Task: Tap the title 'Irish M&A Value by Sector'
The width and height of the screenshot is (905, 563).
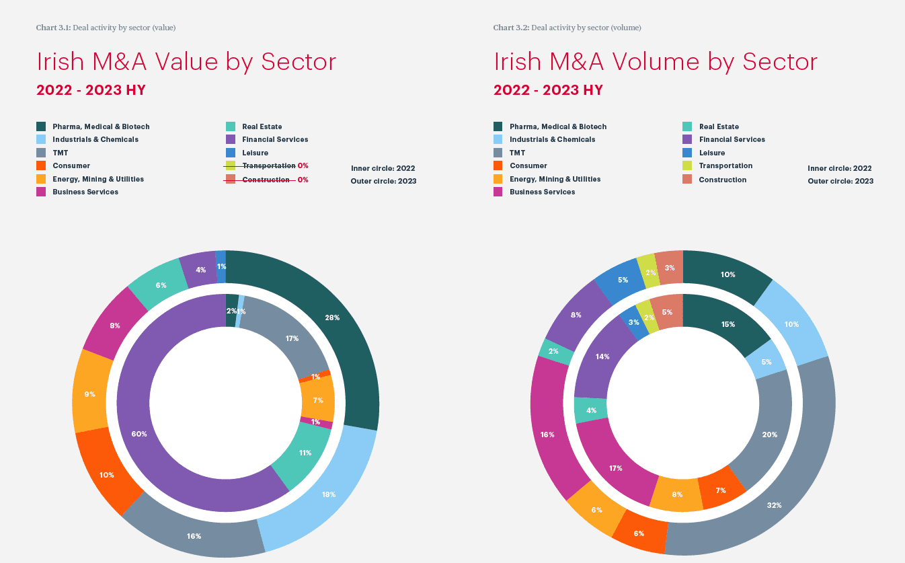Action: tap(186, 62)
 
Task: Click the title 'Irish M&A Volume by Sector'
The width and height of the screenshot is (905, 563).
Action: tap(656, 62)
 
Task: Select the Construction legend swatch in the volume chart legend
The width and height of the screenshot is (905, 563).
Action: tap(686, 180)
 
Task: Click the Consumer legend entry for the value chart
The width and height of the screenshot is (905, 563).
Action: tap(71, 165)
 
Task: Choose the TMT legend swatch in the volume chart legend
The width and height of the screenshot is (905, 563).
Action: tap(498, 153)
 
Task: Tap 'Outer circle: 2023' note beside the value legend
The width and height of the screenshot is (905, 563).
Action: tap(383, 181)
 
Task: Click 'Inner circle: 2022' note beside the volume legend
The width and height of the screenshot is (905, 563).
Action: tap(840, 168)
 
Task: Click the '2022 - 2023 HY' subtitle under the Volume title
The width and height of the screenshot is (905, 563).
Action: tap(548, 90)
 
